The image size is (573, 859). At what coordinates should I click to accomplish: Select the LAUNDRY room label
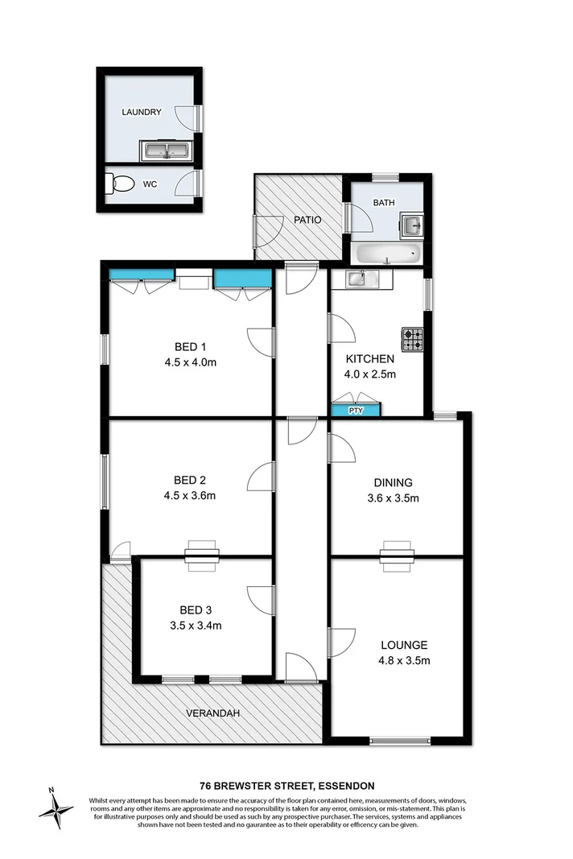coord(142,113)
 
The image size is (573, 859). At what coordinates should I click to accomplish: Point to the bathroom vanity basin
coord(411,223)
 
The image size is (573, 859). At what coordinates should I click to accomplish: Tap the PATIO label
coord(307,219)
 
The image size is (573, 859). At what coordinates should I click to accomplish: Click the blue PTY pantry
coord(356,411)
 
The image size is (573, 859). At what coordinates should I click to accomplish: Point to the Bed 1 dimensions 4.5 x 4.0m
coord(190,361)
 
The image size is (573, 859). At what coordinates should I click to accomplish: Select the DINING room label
coord(393,483)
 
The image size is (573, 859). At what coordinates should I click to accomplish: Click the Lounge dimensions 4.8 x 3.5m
coord(405,661)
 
